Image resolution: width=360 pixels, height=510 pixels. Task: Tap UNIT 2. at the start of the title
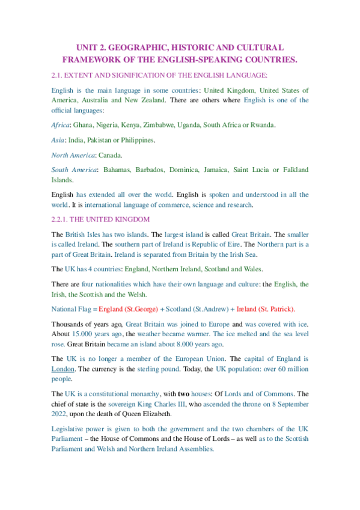[90, 47]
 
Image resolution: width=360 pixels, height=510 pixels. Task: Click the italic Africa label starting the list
[60, 124]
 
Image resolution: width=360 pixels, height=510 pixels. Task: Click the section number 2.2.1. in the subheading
[64, 219]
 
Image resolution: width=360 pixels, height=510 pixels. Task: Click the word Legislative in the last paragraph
[70, 429]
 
